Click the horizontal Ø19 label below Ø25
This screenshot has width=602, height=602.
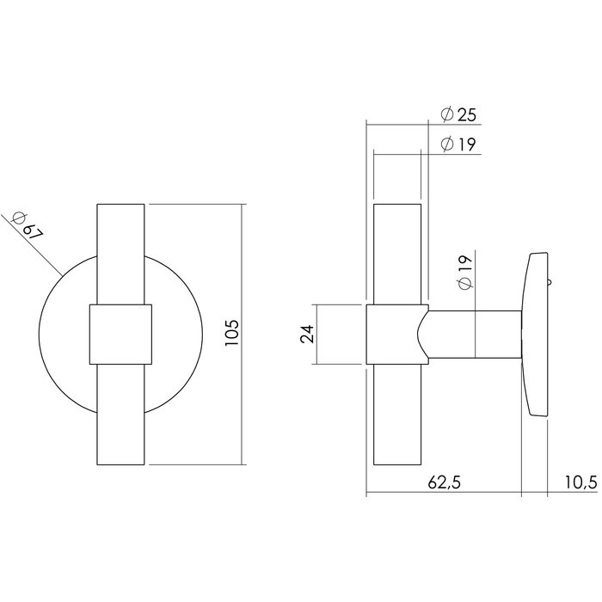click(x=458, y=144)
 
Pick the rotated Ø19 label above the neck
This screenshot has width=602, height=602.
click(x=464, y=273)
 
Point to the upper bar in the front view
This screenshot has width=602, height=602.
click(x=122, y=254)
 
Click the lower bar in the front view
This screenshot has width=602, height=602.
click(x=122, y=413)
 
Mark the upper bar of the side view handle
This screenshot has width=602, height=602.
click(x=397, y=254)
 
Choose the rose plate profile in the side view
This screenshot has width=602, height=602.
click(x=535, y=335)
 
